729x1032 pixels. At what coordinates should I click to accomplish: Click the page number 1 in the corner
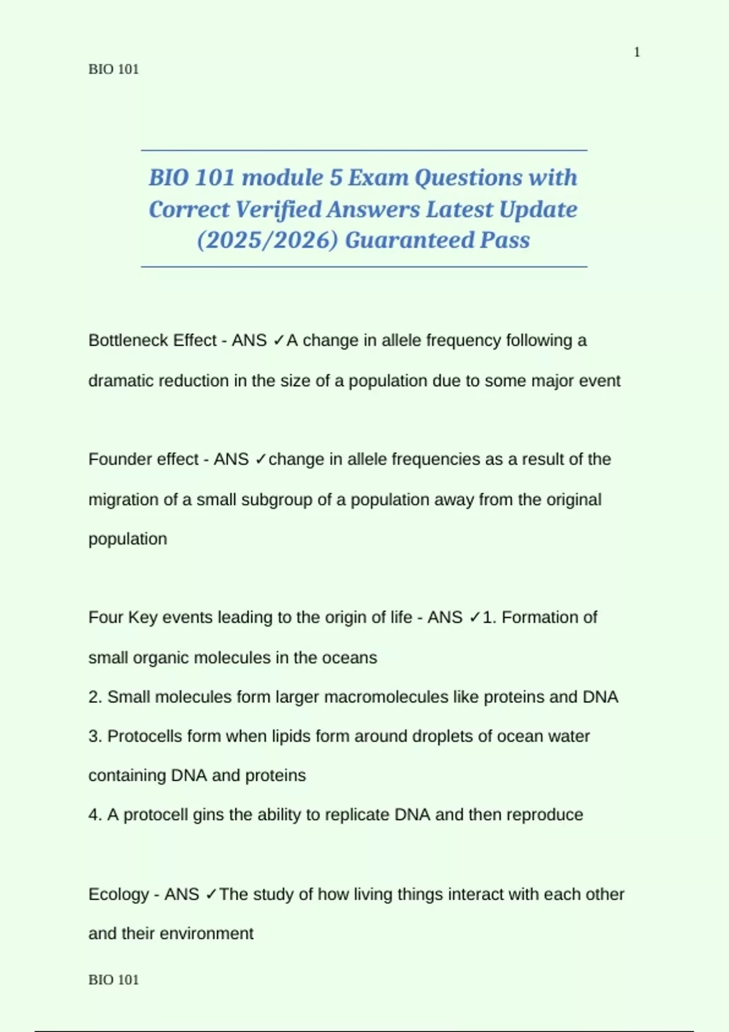(x=637, y=53)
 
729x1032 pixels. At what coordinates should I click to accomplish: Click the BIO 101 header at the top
(x=114, y=69)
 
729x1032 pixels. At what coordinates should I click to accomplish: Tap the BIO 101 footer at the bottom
(x=114, y=980)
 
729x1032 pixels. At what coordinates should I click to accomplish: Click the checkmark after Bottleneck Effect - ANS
(x=278, y=341)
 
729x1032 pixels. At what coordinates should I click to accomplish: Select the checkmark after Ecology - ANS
(x=211, y=894)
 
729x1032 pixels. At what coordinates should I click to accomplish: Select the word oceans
(x=355, y=658)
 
